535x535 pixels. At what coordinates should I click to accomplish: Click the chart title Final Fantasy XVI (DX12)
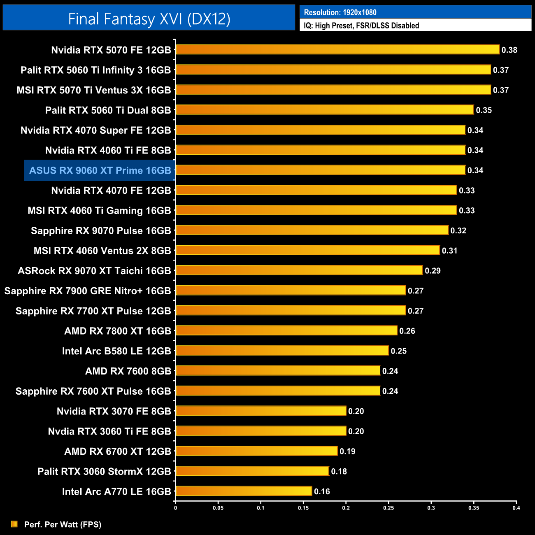click(x=149, y=19)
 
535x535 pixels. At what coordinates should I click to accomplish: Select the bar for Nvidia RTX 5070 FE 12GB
click(x=337, y=50)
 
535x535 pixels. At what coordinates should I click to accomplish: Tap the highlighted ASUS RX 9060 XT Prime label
click(x=100, y=170)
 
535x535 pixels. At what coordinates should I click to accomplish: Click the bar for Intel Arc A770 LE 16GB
click(x=244, y=491)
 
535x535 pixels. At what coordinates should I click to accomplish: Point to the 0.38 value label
click(x=509, y=50)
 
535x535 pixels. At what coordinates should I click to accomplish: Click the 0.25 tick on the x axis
click(x=388, y=508)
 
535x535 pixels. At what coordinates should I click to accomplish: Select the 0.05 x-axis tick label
click(x=218, y=508)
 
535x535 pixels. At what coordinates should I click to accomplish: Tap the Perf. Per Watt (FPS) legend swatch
click(x=14, y=524)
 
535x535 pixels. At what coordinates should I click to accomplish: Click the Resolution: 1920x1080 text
click(x=340, y=12)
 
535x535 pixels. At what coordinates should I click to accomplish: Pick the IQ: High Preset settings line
click(x=361, y=26)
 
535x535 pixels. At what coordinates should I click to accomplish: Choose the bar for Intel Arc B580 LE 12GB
click(x=282, y=351)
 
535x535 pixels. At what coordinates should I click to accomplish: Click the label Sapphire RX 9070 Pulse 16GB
click(x=101, y=230)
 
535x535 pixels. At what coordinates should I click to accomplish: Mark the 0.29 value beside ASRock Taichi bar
click(x=433, y=271)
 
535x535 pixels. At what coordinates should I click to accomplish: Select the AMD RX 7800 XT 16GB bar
click(x=286, y=330)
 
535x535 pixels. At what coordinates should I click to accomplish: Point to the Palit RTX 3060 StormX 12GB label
click(x=104, y=471)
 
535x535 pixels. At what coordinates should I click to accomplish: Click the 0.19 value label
click(x=347, y=451)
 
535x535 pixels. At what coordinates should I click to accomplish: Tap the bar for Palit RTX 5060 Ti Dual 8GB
click(x=325, y=110)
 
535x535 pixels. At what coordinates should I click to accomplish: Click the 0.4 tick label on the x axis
click(x=516, y=508)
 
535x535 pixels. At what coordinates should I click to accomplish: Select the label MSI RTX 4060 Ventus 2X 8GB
click(x=102, y=251)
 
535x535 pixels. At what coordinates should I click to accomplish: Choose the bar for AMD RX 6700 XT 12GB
click(x=256, y=451)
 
